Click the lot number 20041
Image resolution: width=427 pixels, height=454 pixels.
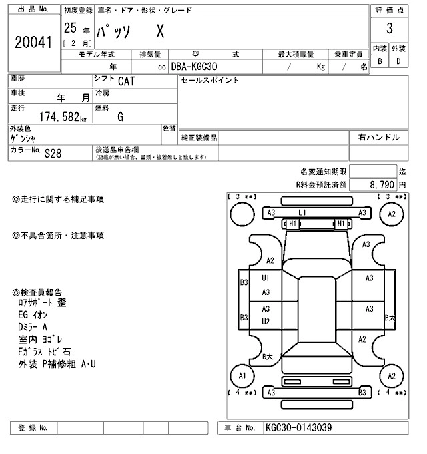(33, 42)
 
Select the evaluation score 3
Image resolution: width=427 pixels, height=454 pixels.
(389, 29)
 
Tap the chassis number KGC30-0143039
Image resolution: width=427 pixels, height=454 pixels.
(298, 428)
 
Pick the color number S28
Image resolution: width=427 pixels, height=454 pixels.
(53, 153)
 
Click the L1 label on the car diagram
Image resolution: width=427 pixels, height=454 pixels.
(302, 212)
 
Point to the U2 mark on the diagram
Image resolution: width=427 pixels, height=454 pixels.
(266, 321)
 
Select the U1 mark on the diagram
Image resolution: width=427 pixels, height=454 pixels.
(266, 278)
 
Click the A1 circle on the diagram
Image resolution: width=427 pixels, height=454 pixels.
(243, 376)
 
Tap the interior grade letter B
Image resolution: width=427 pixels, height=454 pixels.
(380, 61)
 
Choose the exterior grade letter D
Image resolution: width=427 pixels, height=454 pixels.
(398, 61)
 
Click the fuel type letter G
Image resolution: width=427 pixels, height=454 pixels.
(120, 116)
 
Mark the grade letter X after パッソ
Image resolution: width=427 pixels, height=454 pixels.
(160, 31)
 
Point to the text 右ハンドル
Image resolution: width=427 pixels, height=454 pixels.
(379, 138)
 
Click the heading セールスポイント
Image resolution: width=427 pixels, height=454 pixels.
(210, 81)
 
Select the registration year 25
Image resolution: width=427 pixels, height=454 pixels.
(69, 28)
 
